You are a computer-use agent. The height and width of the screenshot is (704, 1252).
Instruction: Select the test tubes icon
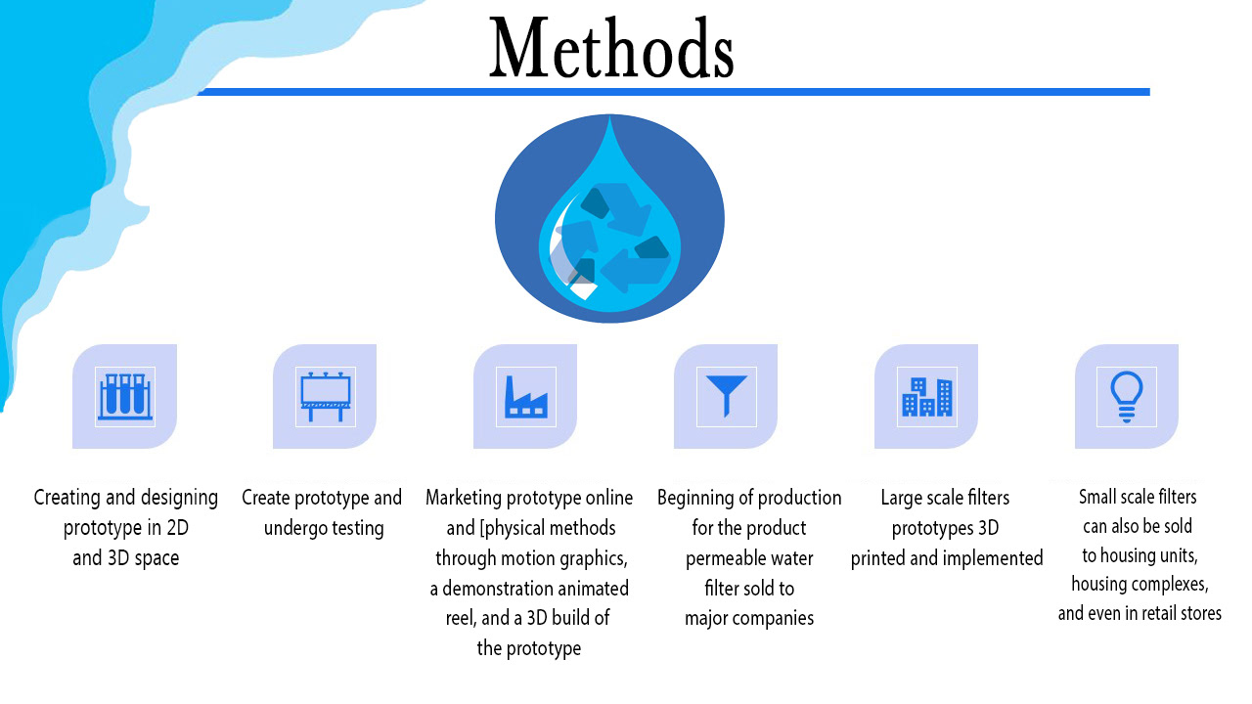click(x=124, y=396)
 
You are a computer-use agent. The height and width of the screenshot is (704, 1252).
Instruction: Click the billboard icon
click(x=325, y=396)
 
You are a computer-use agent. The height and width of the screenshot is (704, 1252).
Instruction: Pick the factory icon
click(x=525, y=396)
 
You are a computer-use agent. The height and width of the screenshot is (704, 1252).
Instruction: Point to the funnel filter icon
click(x=726, y=396)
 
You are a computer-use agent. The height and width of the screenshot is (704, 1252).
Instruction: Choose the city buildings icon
click(x=926, y=396)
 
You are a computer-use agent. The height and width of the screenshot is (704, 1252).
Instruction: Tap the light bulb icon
click(x=1126, y=396)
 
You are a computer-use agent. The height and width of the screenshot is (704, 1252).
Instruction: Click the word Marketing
click(x=463, y=498)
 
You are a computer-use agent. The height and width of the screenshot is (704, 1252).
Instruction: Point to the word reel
click(x=459, y=619)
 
